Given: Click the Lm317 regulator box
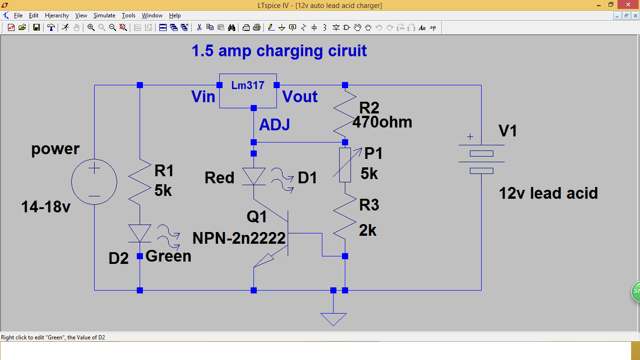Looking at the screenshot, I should [x=248, y=90].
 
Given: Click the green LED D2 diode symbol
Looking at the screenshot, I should [x=140, y=233].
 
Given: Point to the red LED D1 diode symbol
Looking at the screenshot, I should [x=253, y=177].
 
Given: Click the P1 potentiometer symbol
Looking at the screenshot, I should [x=345, y=165].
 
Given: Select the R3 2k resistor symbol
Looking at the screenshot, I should [x=345, y=217].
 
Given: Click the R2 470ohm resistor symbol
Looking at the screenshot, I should [x=345, y=112].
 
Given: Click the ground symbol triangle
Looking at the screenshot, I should [x=333, y=318].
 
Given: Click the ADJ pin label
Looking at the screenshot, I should [x=275, y=125].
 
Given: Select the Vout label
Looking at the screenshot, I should [x=300, y=97].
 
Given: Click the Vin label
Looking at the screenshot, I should [x=203, y=97].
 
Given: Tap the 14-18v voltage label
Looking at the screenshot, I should [x=45, y=206].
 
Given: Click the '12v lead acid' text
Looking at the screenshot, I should [x=548, y=193].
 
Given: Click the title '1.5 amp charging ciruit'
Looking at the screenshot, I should [x=279, y=51].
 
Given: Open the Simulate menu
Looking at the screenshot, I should [x=104, y=15].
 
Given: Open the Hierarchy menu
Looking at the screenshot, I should [x=57, y=15].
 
